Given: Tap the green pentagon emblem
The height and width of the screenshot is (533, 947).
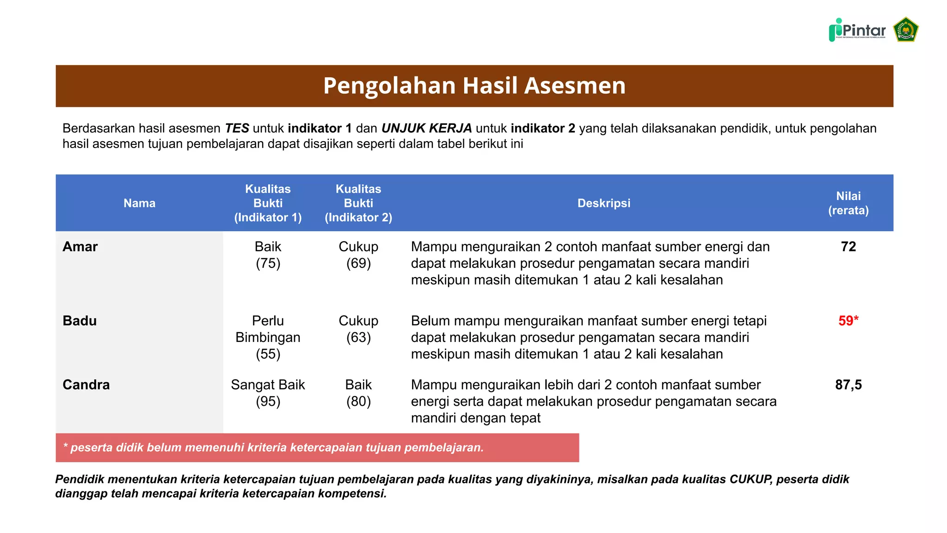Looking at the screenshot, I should [x=905, y=30].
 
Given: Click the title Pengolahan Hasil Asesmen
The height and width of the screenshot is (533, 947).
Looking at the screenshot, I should [x=474, y=86].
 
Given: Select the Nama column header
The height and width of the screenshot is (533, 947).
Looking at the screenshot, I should [x=139, y=203].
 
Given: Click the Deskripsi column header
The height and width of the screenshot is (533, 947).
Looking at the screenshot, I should [x=603, y=203].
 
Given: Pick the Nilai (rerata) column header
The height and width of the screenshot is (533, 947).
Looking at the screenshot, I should [x=848, y=203].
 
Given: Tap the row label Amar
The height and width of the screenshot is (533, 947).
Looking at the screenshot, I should [x=80, y=247].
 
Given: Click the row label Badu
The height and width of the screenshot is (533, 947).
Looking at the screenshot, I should [x=80, y=321].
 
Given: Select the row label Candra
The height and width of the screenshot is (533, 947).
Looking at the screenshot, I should [x=86, y=384].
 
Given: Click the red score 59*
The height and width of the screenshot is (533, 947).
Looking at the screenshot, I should [x=848, y=321].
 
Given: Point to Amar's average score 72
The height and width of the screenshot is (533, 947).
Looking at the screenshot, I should [x=848, y=247].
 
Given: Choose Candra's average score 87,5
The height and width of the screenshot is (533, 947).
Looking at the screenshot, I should [x=848, y=384].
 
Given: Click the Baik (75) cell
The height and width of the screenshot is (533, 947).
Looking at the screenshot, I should [x=268, y=255].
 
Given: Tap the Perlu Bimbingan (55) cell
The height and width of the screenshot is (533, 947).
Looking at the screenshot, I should [x=268, y=337].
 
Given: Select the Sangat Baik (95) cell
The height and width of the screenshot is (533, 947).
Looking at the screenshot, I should [x=268, y=393].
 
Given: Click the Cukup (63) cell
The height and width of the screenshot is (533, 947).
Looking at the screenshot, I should [x=358, y=329].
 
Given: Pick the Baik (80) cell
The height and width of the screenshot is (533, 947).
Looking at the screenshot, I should [x=358, y=393].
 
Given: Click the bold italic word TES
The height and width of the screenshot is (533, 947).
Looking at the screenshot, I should [x=237, y=128].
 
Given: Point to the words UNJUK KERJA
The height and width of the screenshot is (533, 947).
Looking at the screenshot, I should [x=426, y=128].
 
